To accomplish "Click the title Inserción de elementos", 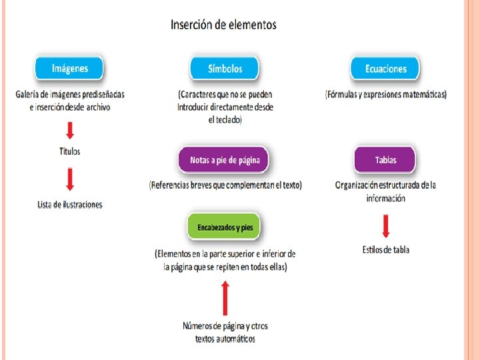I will click(223, 25).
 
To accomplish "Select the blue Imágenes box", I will click(69, 68).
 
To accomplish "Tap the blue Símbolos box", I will click(225, 68).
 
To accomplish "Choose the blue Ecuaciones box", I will click(385, 69).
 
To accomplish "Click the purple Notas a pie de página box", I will click(225, 160).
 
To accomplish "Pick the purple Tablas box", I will click(385, 160).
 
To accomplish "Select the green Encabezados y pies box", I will click(225, 227).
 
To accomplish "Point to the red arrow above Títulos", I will click(69, 129).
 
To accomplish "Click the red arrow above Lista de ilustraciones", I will click(69, 179).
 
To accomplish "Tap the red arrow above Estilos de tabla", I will click(385, 227).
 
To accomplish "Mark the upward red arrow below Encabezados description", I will click(225, 297).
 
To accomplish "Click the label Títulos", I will click(69, 151).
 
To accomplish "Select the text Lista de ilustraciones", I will click(70, 204).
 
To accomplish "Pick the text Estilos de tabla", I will click(385, 250).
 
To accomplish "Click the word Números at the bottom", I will click(199, 326).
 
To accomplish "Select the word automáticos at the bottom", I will click(233, 339).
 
